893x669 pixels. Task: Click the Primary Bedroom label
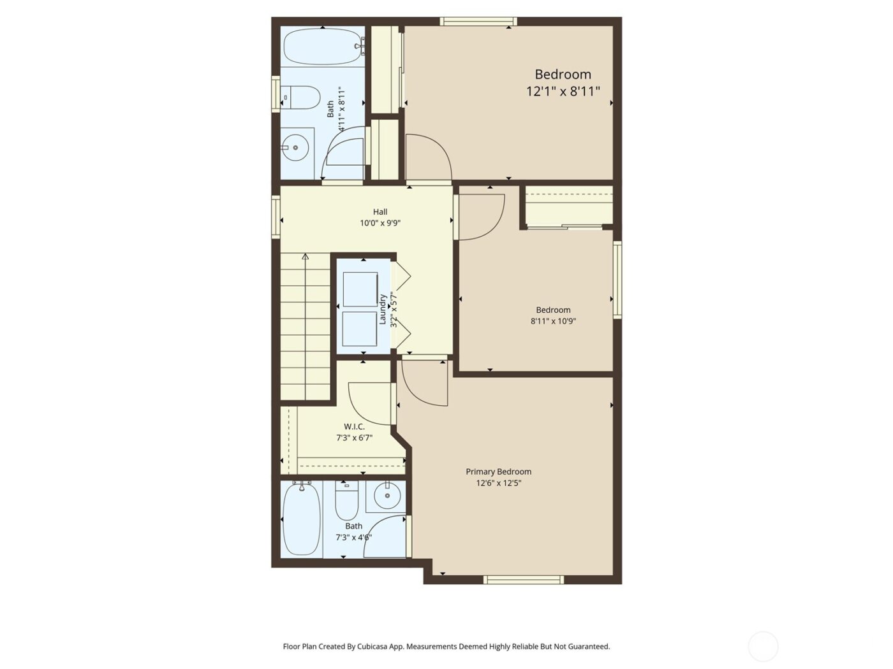pos(498,471)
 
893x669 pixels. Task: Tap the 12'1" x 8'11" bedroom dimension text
pos(563,91)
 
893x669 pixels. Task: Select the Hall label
pos(380,212)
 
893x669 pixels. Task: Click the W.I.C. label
pos(354,426)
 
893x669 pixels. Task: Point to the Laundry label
pos(383,309)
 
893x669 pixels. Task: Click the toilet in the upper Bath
pos(300,97)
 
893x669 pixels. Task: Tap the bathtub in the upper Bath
pos(322,46)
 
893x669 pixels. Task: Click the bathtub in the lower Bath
pos(301,519)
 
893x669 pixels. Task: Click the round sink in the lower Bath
pos(386,496)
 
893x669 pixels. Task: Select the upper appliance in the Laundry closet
pos(360,289)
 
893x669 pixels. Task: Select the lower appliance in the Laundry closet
pos(360,329)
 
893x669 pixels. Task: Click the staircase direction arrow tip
pos(306,256)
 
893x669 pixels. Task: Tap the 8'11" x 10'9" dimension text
pos(553,321)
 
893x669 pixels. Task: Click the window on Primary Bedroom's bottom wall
pos(523,579)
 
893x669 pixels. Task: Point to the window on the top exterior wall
pos(478,22)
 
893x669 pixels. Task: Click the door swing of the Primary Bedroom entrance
pos(424,382)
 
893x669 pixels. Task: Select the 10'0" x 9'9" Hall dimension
pos(380,223)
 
